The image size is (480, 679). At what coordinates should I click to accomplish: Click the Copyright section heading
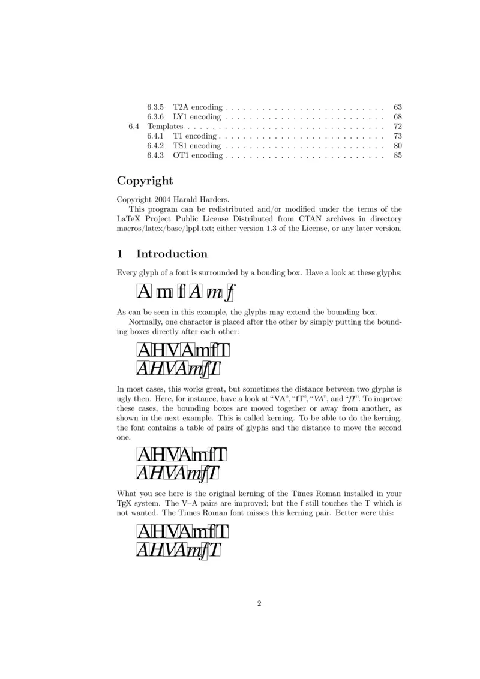145,181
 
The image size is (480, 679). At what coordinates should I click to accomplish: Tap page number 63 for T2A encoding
397,107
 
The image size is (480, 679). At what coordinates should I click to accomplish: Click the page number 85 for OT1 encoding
397,155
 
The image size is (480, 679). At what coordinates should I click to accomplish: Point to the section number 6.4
134,127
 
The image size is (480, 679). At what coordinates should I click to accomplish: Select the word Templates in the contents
165,127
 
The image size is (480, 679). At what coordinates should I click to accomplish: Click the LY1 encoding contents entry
197,117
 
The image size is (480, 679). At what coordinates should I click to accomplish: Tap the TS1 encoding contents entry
197,146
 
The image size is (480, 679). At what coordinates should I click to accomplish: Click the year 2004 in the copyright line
163,200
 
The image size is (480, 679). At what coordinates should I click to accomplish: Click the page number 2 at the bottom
259,603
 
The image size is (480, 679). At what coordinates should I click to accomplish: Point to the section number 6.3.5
156,107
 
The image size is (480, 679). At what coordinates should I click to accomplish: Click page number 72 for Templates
397,127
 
